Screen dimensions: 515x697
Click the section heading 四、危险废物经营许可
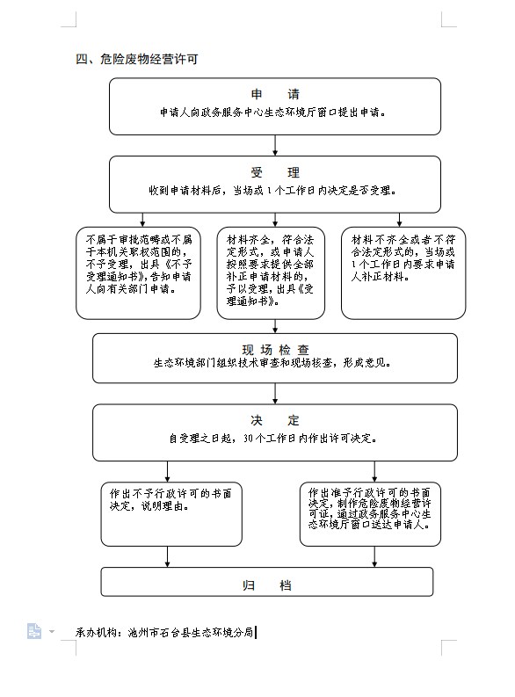(136, 59)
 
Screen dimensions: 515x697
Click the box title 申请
(275, 94)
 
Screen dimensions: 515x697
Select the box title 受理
(275, 172)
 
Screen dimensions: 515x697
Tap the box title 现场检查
(275, 350)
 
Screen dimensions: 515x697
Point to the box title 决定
(275, 420)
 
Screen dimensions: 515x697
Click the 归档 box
(266, 582)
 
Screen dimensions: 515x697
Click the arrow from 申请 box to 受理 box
(275, 145)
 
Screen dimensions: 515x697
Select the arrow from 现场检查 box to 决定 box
(275, 394)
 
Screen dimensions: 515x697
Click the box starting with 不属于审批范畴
(138, 273)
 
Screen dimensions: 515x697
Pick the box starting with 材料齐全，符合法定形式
(271, 273)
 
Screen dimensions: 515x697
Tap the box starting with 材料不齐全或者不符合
(403, 273)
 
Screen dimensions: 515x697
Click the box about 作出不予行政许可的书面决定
(171, 514)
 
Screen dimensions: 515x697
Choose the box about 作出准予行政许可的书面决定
(370, 514)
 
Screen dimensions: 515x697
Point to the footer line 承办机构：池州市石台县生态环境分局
(164, 632)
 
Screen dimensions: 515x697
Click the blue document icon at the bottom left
(33, 631)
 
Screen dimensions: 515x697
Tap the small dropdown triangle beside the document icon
(52, 631)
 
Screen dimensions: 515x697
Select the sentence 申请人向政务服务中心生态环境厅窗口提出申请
(272, 113)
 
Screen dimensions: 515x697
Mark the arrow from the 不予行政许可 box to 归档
(168, 556)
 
